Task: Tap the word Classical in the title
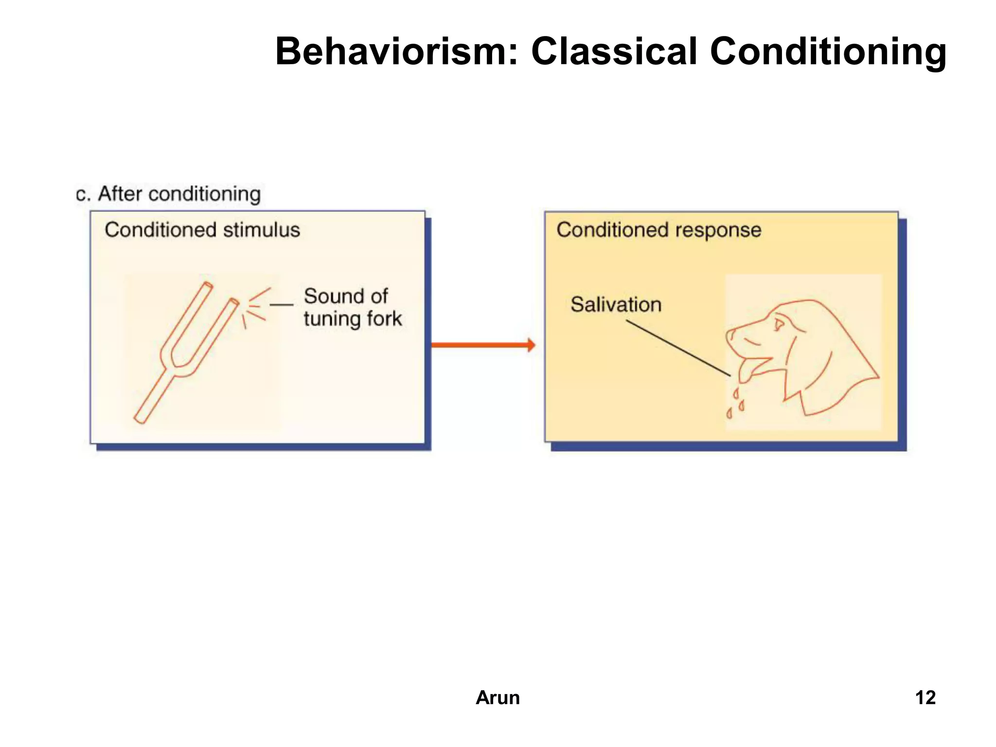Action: coord(614,52)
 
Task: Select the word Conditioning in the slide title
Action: coord(828,52)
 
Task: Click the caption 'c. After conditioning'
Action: coord(168,194)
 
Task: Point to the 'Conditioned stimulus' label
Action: coord(202,230)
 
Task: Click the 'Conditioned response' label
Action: coord(658,230)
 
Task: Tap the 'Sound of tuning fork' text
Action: coord(352,307)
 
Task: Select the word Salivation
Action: coord(616,305)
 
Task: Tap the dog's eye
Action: coord(779,322)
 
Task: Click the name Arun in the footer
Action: coord(498,697)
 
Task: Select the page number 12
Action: coord(925,697)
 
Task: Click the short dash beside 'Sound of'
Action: coord(282,304)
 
